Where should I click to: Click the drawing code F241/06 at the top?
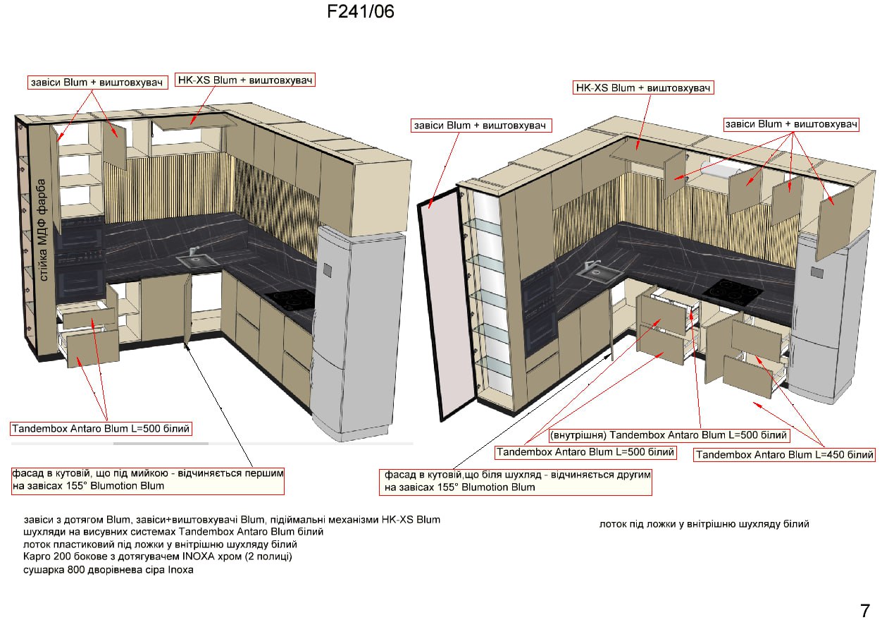pos(360,11)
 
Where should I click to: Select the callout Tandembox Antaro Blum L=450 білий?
pos(784,454)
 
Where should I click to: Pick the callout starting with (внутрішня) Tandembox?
pos(669,434)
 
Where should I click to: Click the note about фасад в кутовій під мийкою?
pos(148,480)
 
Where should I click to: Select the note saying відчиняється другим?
pos(516,481)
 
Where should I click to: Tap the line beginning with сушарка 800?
pos(108,569)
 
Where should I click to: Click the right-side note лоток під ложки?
pos(704,524)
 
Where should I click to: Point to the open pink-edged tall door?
pos(447,305)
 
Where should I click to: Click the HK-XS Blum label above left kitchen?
pos(245,80)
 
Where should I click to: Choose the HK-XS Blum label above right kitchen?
pos(643,87)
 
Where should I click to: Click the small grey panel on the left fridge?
pos(328,269)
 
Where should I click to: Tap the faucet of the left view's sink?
pos(194,251)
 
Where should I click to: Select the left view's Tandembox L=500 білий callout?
pos(101,428)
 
